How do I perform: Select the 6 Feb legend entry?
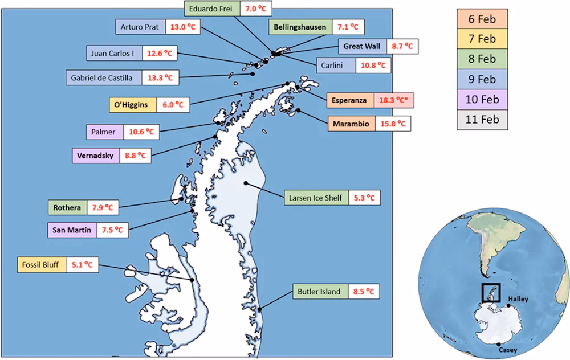pos(481,19)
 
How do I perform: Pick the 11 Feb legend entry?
pos(481,120)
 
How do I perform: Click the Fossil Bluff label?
pos(42,265)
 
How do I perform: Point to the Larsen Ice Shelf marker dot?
pos(245,183)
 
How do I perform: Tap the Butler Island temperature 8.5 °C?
pos(363,292)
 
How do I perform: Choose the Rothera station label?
pos(67,207)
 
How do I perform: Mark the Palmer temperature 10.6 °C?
pos(141,132)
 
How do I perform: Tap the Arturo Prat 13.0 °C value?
pos(184,26)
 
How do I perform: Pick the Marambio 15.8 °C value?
pos(393,123)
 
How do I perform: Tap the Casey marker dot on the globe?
pos(500,343)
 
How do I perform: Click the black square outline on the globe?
pos(491,293)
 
